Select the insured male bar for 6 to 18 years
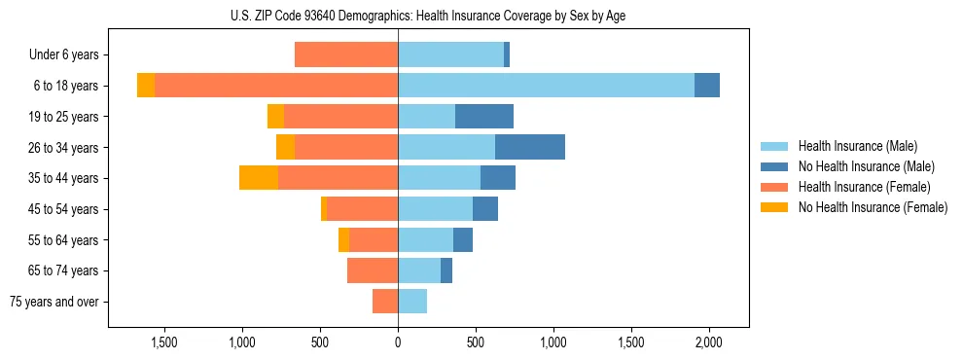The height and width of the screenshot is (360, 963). tap(546, 86)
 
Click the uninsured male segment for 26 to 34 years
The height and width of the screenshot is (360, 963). tap(530, 147)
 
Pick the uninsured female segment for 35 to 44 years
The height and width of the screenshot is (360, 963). tap(259, 178)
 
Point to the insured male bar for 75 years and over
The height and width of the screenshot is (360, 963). tap(412, 302)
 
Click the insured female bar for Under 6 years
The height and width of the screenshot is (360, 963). tap(346, 54)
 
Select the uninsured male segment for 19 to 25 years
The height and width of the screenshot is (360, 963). tap(484, 117)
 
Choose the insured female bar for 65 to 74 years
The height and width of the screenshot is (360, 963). tap(373, 270)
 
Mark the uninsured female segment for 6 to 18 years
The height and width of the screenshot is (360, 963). tap(146, 86)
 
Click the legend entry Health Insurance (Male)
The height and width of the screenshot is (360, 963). tap(857, 146)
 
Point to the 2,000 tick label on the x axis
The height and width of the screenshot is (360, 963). tap(709, 342)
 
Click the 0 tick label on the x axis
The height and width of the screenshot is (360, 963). tap(398, 342)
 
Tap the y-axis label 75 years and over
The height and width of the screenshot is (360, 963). tap(54, 302)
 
